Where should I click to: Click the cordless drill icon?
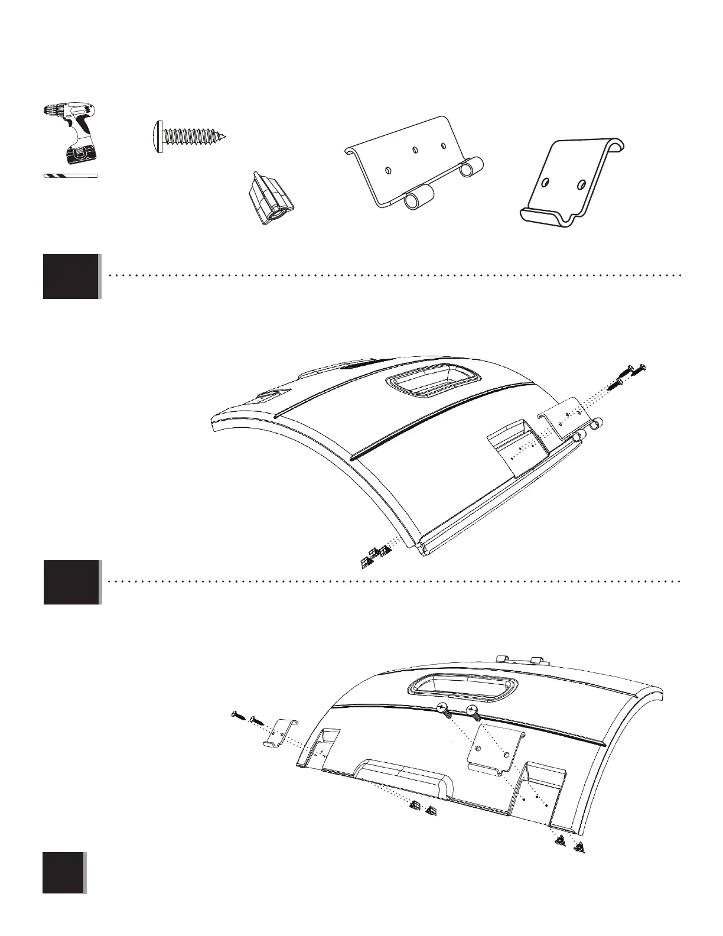70,134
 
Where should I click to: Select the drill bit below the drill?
70,176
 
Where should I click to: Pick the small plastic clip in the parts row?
269,199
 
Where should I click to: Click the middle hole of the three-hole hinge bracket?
415,151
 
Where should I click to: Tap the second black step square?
71,582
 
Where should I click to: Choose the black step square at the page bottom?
63,872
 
